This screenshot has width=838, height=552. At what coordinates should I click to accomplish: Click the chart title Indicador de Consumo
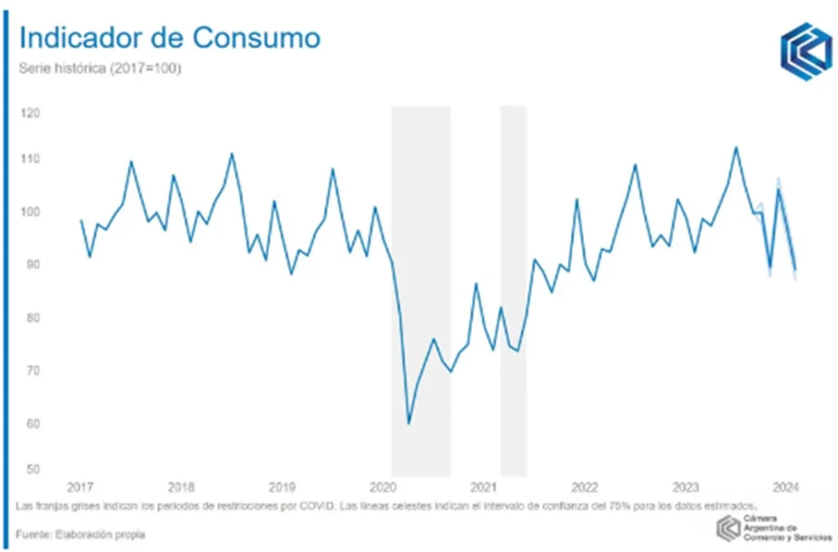coord(169,38)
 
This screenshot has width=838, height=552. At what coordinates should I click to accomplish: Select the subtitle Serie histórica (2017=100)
coord(100,69)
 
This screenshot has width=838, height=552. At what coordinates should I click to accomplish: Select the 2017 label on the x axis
coord(79,487)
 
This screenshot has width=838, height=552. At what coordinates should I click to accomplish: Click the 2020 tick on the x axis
coord(383,487)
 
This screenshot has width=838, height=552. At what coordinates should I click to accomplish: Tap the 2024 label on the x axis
coord(786,487)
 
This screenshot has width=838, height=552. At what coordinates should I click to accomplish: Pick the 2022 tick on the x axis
coord(584,487)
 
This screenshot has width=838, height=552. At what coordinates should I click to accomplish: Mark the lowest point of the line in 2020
coord(408,423)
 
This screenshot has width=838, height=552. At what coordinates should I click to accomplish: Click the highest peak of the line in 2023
coord(736,147)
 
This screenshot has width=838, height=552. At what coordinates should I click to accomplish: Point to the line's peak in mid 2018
coord(232,154)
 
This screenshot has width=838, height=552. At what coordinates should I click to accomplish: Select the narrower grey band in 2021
coord(513,290)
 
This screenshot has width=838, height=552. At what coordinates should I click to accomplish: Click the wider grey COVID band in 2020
coord(421,290)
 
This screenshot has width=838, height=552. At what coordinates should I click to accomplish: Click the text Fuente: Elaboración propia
coord(80,535)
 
